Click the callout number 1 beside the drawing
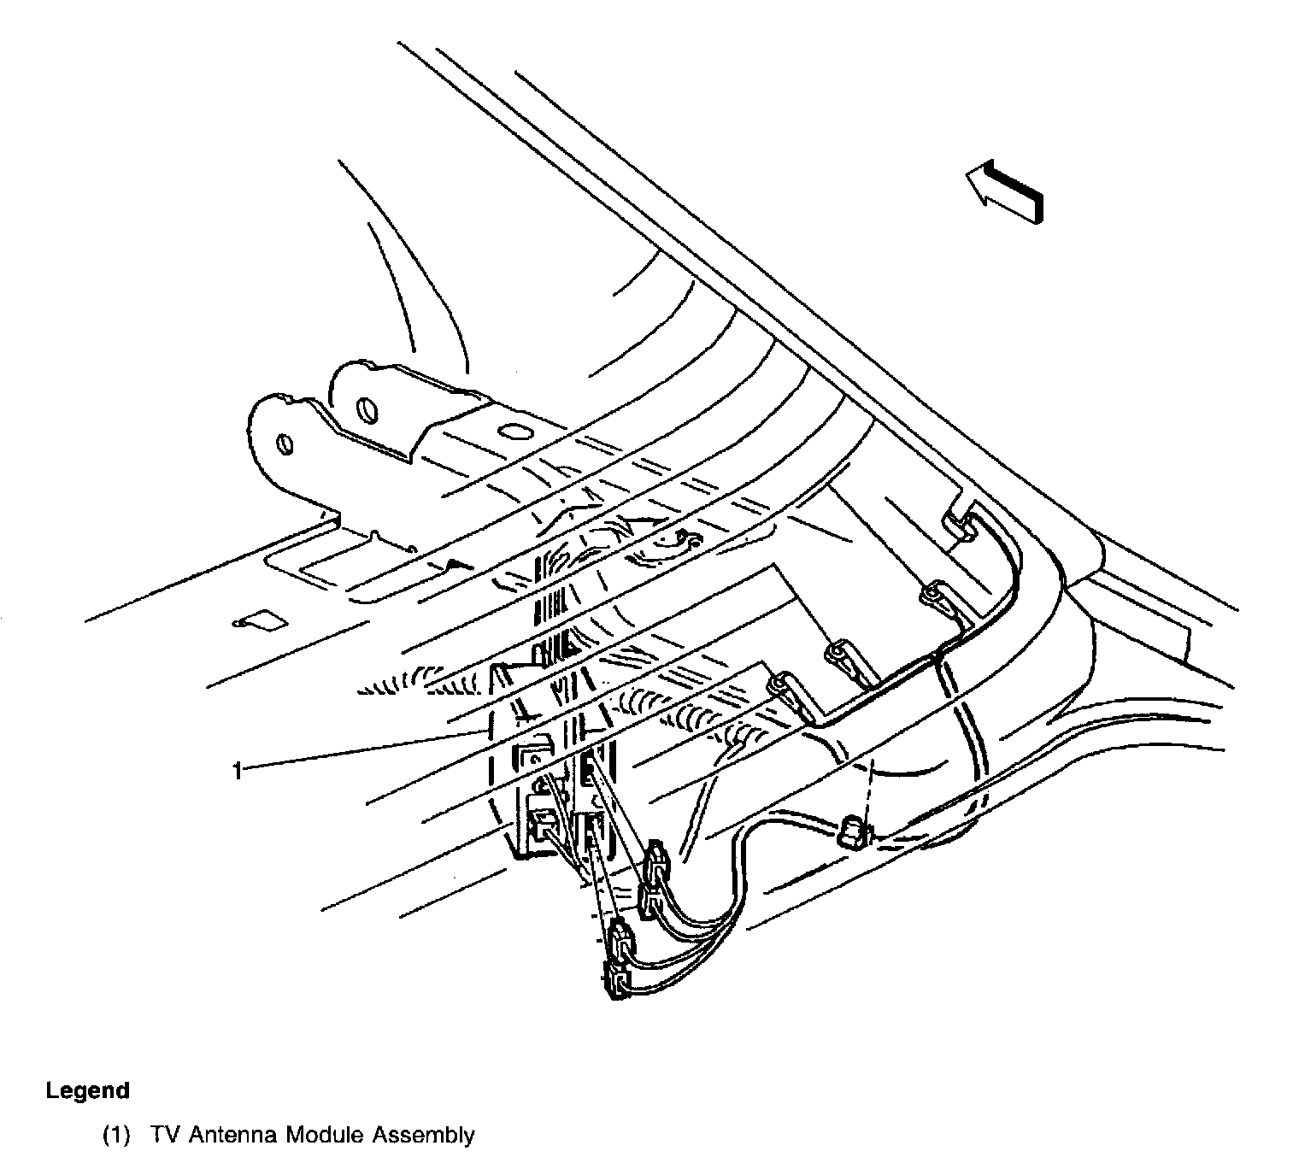[237, 771]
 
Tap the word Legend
[88, 1090]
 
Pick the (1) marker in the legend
[116, 1136]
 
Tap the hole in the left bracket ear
[285, 444]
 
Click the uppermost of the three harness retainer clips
[936, 595]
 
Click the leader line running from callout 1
[359, 751]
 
